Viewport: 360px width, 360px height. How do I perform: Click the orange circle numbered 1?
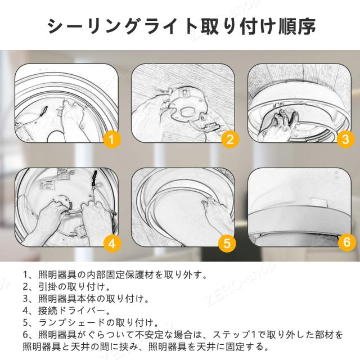coord(112,139)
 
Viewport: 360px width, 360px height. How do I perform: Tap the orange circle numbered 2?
coord(230,139)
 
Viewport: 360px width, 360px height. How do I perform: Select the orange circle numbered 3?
coord(346,139)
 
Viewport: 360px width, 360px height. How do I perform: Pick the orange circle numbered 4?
coord(112,243)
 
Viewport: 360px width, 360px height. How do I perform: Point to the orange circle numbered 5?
coord(227,243)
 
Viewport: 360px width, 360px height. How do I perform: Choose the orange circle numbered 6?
coord(347,242)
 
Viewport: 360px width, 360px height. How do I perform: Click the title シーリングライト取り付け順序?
coord(181,26)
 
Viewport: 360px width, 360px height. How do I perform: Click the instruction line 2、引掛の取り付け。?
coord(66,286)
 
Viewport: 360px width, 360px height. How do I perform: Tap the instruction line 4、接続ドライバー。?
coord(66,310)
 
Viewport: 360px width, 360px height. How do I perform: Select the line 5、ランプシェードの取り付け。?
coord(91,322)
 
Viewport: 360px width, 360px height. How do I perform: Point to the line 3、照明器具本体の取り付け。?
coord(86,299)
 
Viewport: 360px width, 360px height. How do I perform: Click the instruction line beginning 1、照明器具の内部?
coord(115,274)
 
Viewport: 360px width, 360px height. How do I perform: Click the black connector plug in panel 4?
coord(94,178)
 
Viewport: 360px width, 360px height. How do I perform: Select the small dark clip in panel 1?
coord(44,111)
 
